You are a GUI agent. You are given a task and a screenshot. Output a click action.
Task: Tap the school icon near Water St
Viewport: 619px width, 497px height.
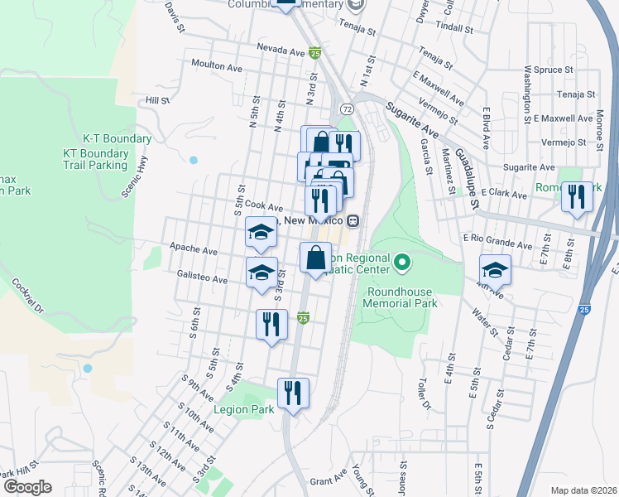click(495, 269)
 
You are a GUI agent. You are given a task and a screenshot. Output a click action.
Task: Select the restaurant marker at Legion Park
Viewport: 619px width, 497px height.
click(293, 392)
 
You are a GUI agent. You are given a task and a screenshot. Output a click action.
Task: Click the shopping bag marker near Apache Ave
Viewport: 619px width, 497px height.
click(315, 257)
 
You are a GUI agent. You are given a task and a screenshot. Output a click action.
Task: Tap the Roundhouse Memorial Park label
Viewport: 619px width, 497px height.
click(400, 297)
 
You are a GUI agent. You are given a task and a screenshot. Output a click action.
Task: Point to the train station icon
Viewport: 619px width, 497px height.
click(353, 221)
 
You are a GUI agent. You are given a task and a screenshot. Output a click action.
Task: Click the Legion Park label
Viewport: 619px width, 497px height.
click(243, 410)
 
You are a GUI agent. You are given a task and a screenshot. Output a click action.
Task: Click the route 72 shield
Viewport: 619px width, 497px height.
click(347, 109)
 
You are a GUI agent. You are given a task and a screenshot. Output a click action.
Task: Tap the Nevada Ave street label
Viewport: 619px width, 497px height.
click(281, 50)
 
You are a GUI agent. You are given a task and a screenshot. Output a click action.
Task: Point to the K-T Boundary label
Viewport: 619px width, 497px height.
click(117, 139)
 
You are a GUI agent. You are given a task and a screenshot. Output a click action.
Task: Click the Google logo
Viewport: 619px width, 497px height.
click(27, 486)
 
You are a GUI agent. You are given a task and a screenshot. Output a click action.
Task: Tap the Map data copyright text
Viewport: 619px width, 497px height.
click(583, 490)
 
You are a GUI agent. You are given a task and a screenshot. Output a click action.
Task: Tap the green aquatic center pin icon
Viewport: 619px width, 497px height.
click(402, 264)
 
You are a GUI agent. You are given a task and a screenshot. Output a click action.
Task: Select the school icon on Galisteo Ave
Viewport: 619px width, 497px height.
click(262, 272)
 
